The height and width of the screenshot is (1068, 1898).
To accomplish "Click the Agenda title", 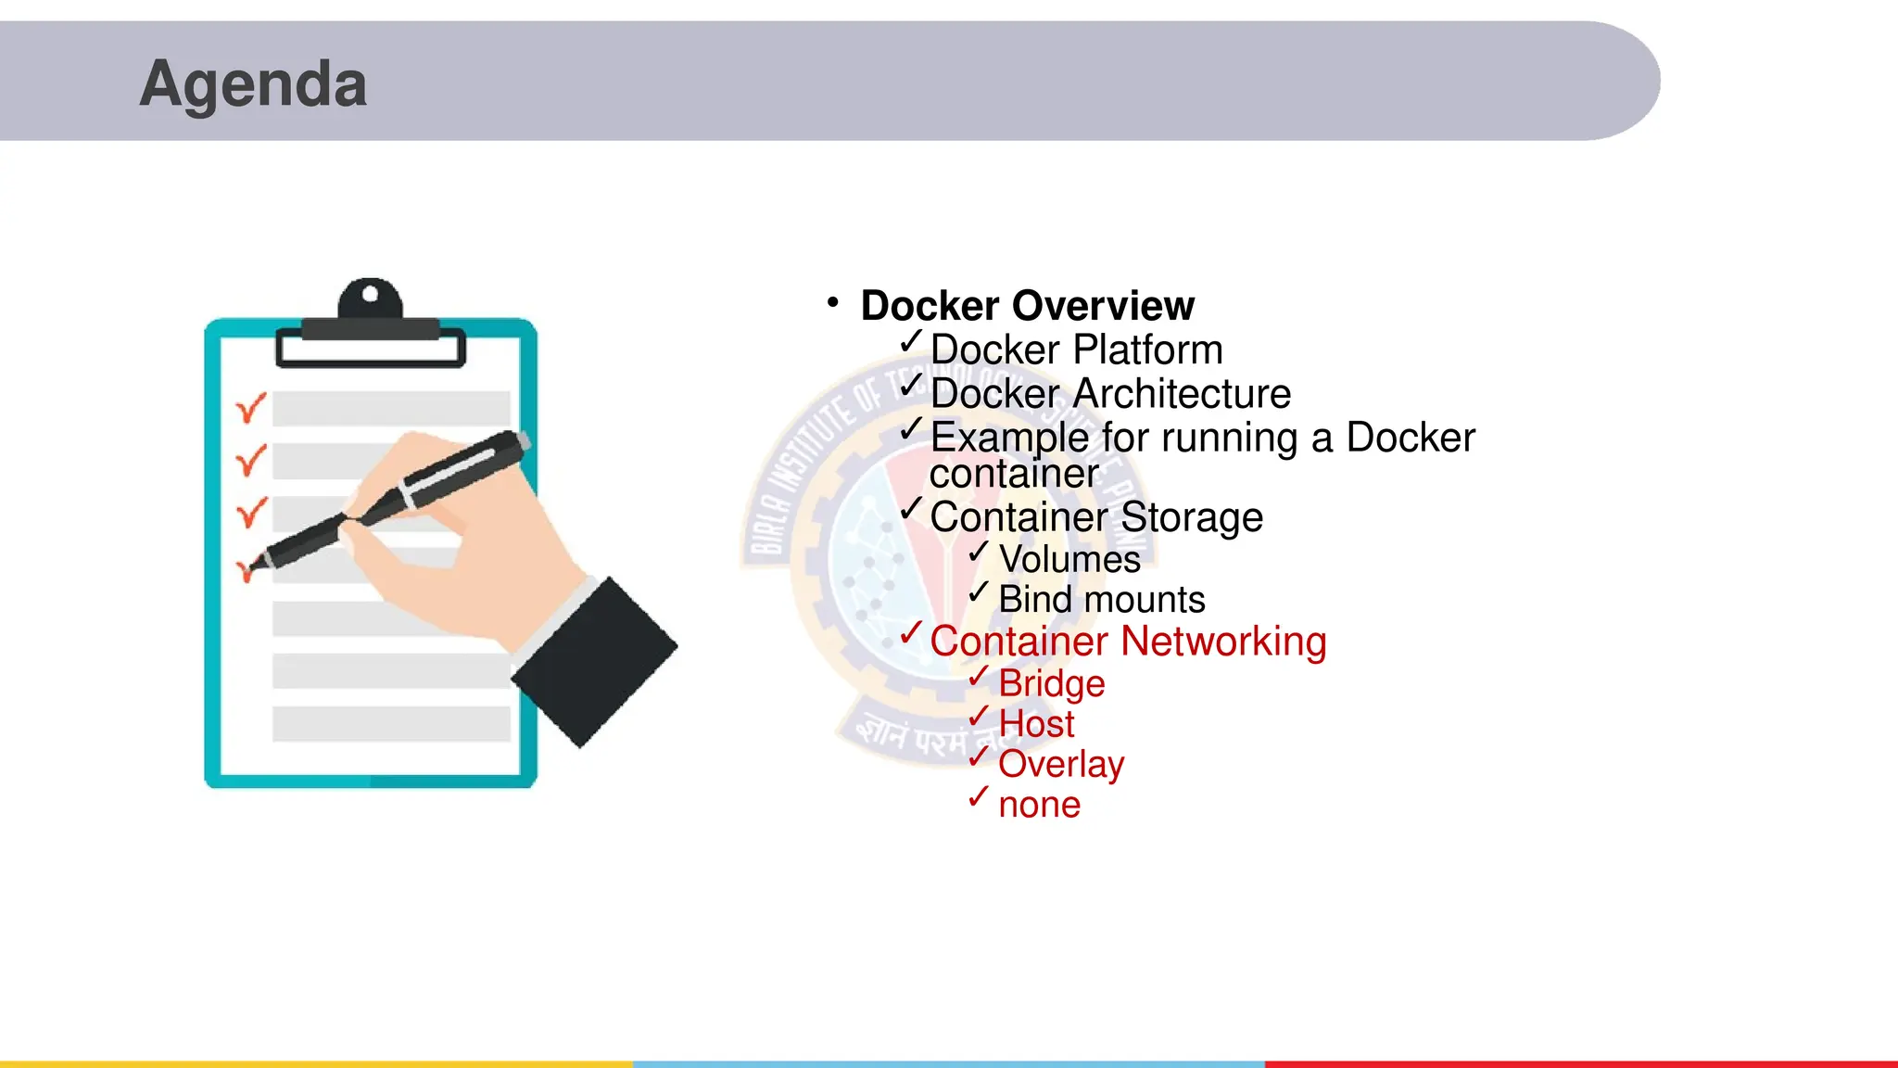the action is (253, 83).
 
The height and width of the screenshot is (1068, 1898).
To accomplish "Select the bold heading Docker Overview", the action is (1027, 305).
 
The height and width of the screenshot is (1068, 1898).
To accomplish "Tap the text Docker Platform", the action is (1076, 350).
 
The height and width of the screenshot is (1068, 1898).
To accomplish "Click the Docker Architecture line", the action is (1110, 393).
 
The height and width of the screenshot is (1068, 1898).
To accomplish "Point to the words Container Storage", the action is (1095, 516).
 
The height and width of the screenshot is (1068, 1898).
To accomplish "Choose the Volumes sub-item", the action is (1069, 559).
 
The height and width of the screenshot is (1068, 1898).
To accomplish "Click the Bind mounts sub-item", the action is (1101, 600).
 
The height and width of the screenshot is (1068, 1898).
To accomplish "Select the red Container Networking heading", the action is (1128, 641).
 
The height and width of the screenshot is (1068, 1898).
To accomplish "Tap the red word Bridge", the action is (1052, 683).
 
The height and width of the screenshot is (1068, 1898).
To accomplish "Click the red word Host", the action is (1036, 723).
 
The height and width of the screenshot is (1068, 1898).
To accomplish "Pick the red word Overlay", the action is (1061, 764).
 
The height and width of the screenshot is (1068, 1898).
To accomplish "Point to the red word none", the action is (1039, 805).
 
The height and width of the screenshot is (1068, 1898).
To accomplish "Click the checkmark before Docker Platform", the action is (911, 341).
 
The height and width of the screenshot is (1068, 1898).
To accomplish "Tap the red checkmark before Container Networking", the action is (911, 632).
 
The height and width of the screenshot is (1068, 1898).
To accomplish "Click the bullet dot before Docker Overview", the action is (833, 302).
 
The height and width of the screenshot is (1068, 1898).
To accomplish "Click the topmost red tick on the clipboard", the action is (250, 407).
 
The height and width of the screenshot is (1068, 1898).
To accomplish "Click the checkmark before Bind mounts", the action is (979, 591).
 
